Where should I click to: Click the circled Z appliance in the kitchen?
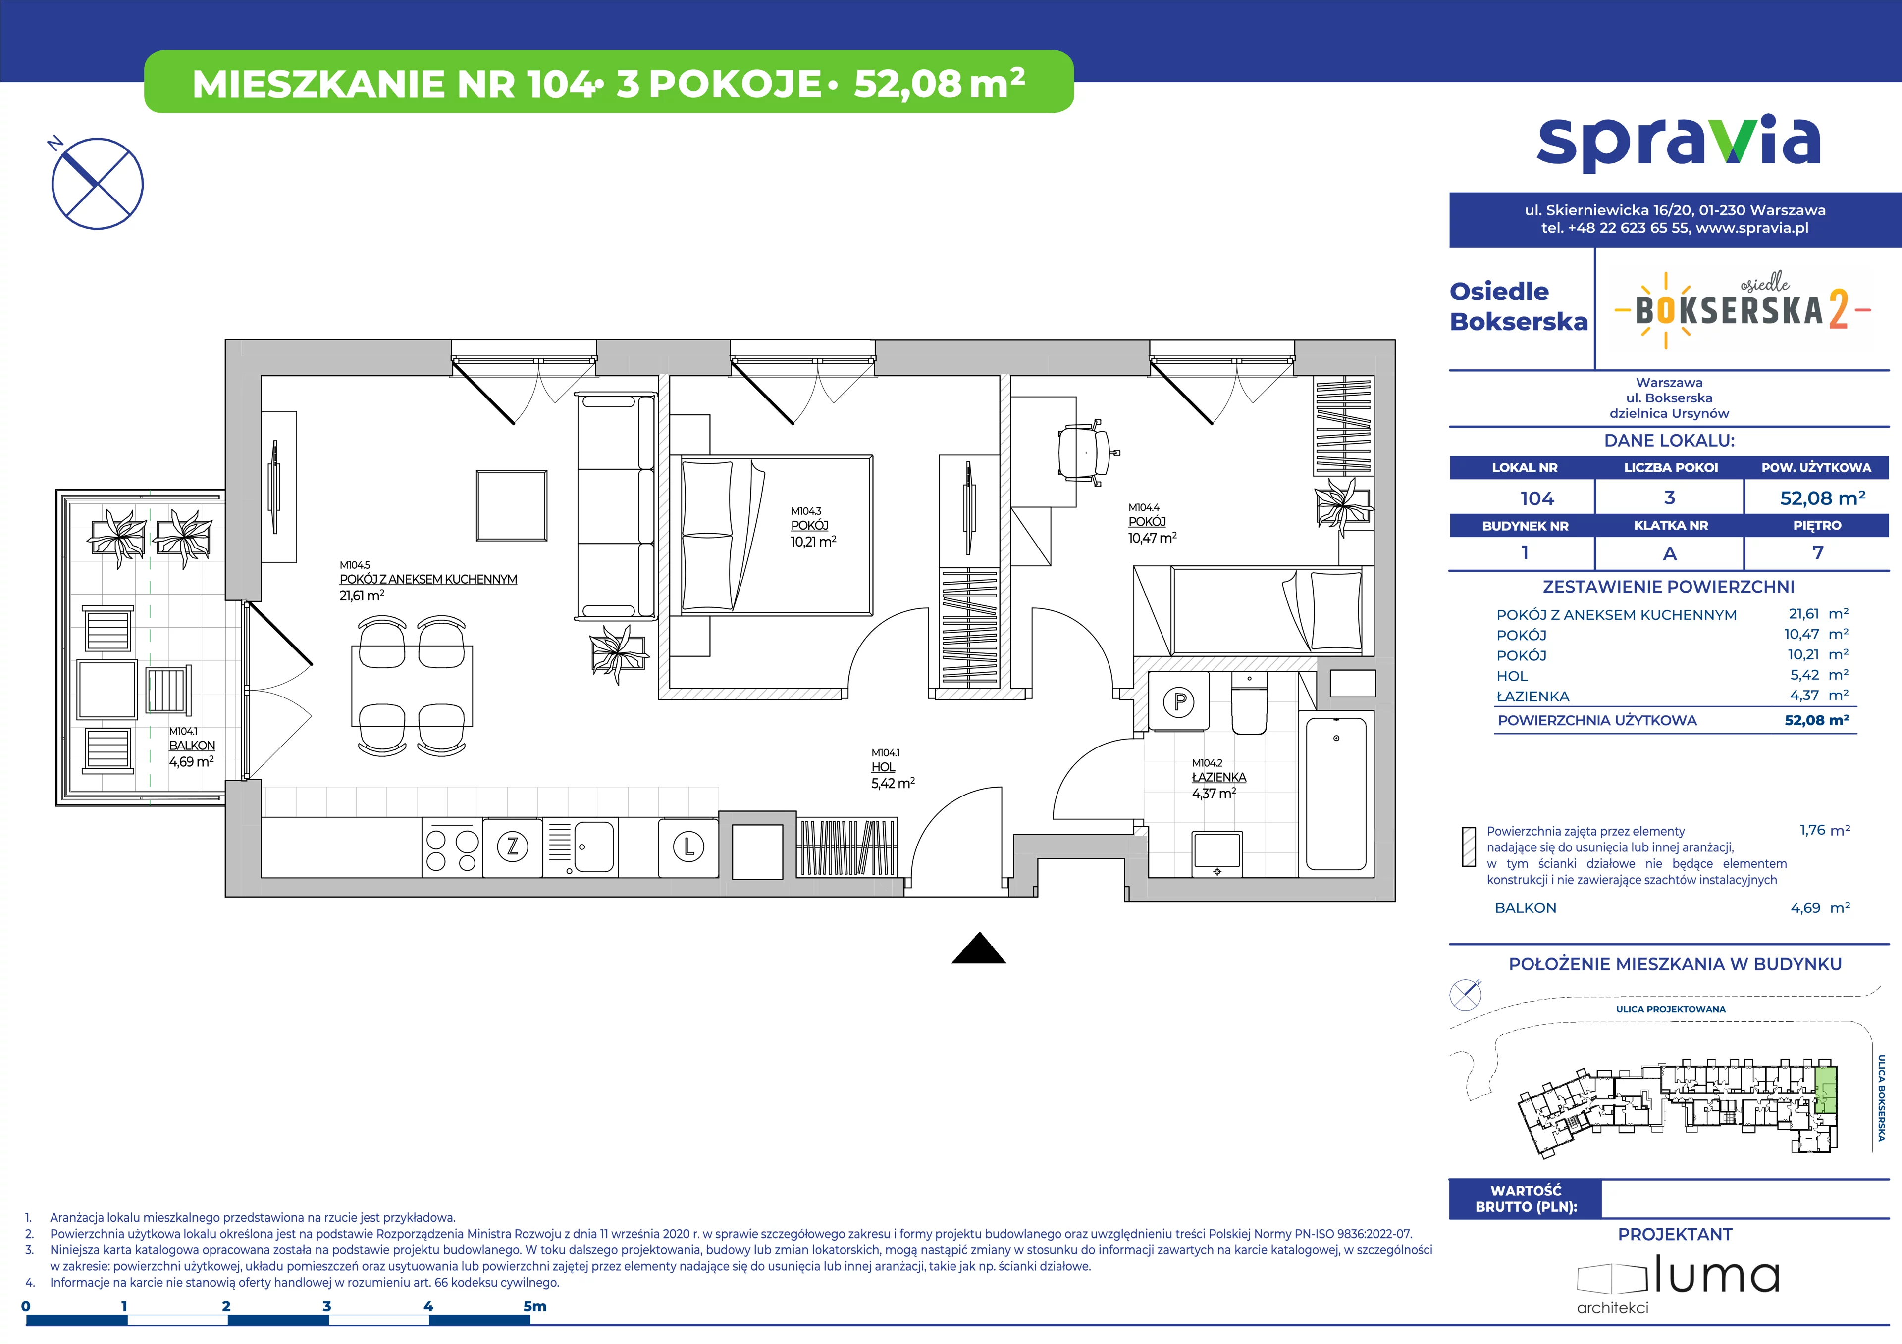(x=513, y=846)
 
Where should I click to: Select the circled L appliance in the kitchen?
(x=688, y=846)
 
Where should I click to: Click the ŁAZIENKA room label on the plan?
(x=1218, y=778)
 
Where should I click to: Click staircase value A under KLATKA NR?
(x=1670, y=553)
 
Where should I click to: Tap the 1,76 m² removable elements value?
(x=1824, y=830)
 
